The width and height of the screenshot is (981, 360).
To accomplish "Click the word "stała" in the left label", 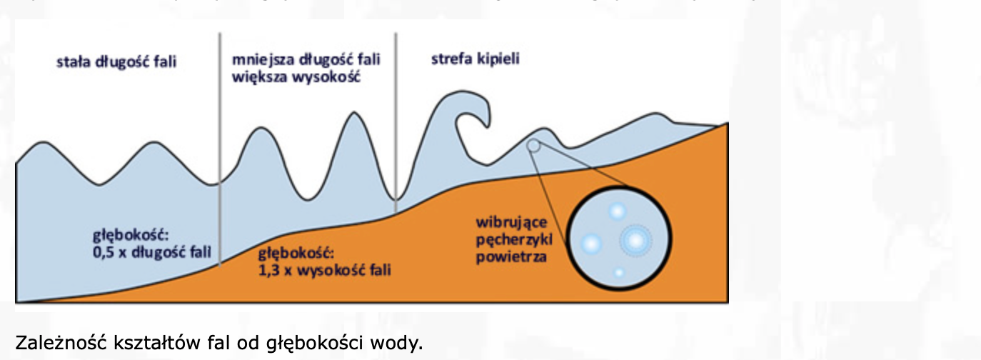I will tap(72, 61).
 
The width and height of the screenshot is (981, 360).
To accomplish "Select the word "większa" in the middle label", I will tap(255, 76).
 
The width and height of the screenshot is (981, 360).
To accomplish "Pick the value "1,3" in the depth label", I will tap(266, 271).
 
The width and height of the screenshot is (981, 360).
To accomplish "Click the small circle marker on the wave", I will tap(533, 146).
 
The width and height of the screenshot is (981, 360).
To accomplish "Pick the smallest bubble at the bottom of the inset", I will tap(619, 272).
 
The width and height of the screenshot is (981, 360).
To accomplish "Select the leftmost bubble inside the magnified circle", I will tap(591, 243).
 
